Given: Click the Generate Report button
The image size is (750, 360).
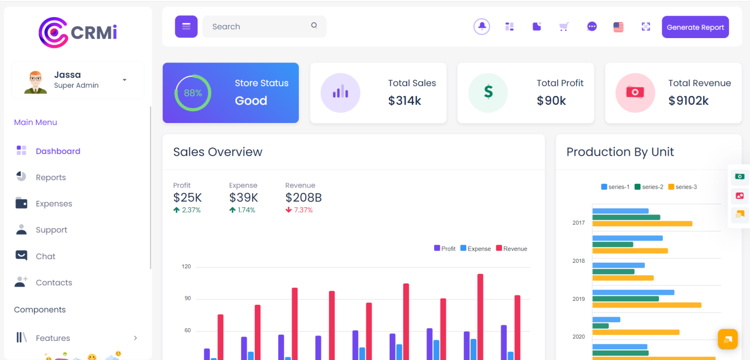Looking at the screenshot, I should point(695,27).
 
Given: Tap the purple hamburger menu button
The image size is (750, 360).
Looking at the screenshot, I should point(186,26).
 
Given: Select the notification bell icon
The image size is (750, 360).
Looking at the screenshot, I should point(481,26).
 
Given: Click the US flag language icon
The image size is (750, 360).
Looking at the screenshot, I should point(618,27).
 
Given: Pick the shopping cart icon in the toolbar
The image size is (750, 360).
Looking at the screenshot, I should point(564,27).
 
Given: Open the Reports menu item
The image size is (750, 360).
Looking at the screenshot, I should point(50,177).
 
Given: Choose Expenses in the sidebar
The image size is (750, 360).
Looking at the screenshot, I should point(54,204).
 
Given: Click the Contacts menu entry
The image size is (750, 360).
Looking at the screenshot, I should point(54,282).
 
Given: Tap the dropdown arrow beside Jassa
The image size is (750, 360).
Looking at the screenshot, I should point(125,80).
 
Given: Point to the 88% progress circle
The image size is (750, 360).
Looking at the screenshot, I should point(193,93).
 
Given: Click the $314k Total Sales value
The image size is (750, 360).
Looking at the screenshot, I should point(404,101).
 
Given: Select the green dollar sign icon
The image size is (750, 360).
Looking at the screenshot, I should point(488,92).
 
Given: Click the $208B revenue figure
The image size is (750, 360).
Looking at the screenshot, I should point(303,197).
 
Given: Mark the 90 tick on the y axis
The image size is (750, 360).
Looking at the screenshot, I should point(186,298).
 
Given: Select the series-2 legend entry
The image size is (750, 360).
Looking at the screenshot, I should point(649,187).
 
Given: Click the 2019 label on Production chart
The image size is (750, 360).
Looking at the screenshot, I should point(578,298).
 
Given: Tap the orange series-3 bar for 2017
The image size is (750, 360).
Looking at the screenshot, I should point(642,224).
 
